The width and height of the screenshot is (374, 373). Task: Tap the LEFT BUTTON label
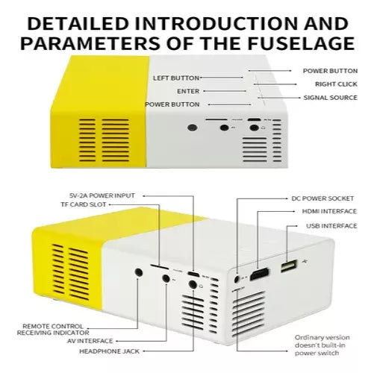click(x=175, y=78)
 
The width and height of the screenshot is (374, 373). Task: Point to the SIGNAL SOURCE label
click(x=331, y=98)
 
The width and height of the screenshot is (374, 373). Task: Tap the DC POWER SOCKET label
click(x=323, y=199)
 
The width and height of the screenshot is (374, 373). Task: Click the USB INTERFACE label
click(x=328, y=225)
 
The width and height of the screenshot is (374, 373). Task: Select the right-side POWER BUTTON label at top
click(x=329, y=71)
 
